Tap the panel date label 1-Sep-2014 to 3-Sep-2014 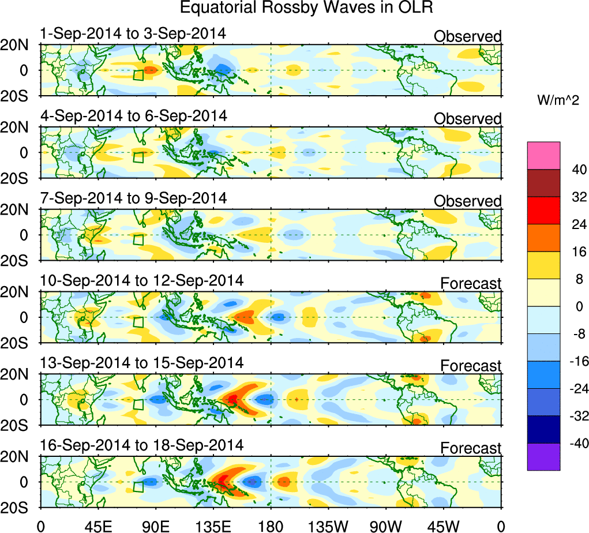133,35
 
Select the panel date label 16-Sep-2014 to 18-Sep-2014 141,445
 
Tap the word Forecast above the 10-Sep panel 471,283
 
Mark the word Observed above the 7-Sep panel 467,201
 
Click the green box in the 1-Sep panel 138,75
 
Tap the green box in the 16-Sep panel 138,486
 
